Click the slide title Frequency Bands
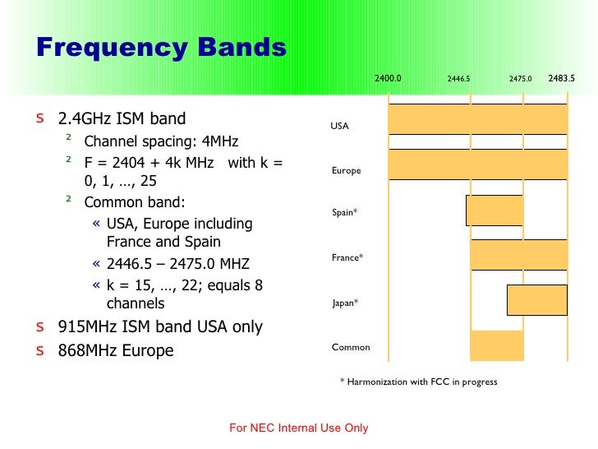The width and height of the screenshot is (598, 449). pos(161,48)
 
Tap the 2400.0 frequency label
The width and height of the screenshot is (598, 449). pos(388,79)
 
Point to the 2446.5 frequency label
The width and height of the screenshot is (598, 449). pos(458,80)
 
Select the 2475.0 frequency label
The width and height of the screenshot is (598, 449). pos(521,80)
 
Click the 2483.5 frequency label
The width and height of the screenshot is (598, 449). pos(562,79)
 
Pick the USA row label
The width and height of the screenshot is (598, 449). pos(339,127)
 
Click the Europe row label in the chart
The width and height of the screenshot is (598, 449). pos(346,171)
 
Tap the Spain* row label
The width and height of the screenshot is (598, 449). pos(344,213)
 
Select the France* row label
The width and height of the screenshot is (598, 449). pos(347,258)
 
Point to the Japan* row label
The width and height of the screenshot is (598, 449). pos(345,303)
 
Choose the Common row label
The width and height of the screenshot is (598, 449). pos(351,348)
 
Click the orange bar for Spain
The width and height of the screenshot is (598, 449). pos(494,210)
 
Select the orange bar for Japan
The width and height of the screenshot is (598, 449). pos(537,300)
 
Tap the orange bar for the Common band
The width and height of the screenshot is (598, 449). pos(497,345)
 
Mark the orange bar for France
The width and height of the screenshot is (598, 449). pos(518,255)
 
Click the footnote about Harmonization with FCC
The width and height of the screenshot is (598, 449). pos(418,382)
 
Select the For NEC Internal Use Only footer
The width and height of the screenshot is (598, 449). pos(299,428)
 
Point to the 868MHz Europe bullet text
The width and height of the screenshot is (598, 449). pos(116,351)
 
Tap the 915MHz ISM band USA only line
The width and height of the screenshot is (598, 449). pos(160,327)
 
